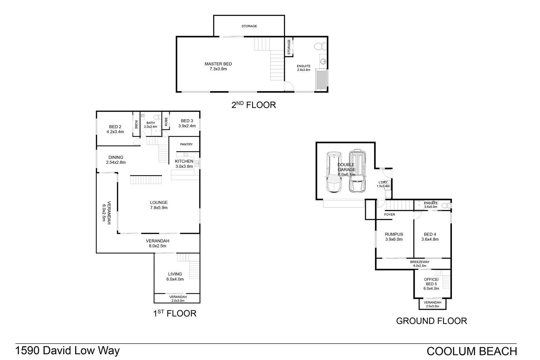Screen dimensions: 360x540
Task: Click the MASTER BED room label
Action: [218, 66]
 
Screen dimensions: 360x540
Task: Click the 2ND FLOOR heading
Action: [253, 105]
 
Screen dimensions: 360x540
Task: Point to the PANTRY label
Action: [186, 144]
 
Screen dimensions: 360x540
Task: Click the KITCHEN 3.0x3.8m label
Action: [184, 164]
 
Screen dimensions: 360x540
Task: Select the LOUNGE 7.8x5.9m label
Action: [159, 205]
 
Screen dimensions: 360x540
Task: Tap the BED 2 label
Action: [115, 129]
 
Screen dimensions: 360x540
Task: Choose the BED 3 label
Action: [187, 123]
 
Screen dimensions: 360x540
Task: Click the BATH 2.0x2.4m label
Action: [151, 125]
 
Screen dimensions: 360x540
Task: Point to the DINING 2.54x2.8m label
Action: [116, 160]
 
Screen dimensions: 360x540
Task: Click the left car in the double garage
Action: [333, 172]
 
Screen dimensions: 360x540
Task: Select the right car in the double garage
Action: [357, 171]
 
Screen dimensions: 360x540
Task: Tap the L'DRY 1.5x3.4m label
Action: [383, 184]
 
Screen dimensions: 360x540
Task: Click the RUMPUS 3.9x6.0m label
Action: [394, 237]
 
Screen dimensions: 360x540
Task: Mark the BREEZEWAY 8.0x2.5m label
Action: [420, 264]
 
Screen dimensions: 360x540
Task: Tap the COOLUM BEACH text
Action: [471, 351]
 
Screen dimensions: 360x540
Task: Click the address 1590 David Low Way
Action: [67, 351]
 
